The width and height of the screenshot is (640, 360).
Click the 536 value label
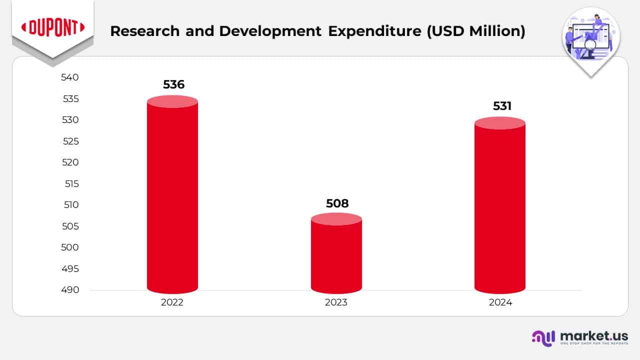coord(173,84)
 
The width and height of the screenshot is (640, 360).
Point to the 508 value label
coord(337,203)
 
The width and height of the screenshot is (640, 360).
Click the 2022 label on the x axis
coord(172,302)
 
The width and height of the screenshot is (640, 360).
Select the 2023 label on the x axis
coord(336,302)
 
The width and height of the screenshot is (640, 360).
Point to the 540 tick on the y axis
coord(70,77)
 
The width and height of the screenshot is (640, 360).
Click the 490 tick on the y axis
coord(70,290)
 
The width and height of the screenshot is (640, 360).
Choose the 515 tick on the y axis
coord(71,183)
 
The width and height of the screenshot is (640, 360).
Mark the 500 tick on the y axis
coord(70,247)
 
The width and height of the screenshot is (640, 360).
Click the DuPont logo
coord(52,28)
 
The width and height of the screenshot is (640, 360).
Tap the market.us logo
coord(580,337)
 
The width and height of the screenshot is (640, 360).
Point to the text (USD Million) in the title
coord(475,31)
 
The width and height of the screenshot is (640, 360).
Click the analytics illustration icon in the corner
coord(590,37)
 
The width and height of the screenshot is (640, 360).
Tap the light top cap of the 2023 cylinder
coord(336,219)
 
